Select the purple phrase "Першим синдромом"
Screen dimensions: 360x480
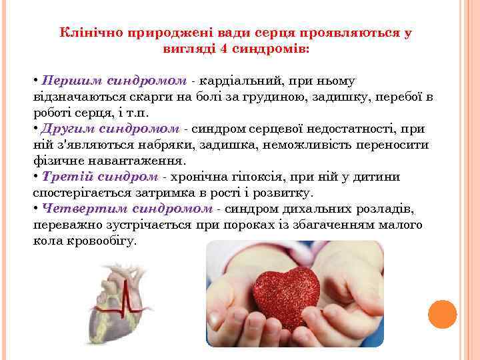coord(113,81)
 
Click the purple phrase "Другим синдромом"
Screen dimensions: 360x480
coord(111,129)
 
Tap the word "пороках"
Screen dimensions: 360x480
coord(237,225)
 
